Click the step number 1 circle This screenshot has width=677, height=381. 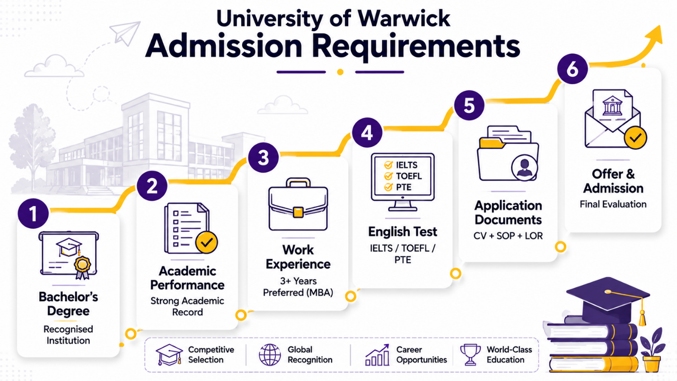click(33, 214)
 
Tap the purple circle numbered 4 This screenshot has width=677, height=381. click(367, 132)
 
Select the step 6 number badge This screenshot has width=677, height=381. click(572, 69)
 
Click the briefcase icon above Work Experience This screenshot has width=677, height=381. click(298, 204)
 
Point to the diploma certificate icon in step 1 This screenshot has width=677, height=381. click(69, 255)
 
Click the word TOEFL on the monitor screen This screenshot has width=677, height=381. click(409, 176)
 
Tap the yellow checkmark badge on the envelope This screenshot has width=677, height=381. click(635, 138)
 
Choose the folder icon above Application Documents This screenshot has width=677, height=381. click(508, 153)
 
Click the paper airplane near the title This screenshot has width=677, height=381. click(125, 33)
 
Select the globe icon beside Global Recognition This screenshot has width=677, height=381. click(270, 355)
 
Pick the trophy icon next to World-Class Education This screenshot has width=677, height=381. click(470, 355)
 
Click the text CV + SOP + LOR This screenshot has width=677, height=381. click(508, 236)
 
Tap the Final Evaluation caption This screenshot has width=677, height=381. click(613, 204)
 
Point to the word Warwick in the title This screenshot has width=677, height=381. click(404, 19)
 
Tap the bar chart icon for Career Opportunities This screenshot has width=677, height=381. click(377, 355)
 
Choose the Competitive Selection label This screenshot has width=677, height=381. click(211, 355)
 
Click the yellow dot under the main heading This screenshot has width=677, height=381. click(340, 72)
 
